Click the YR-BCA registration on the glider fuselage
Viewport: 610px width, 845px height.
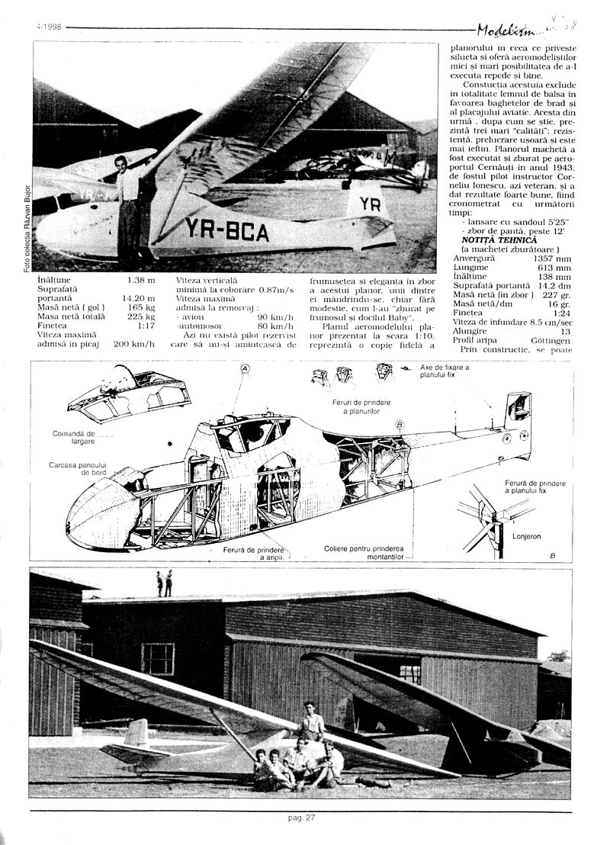[x=226, y=228]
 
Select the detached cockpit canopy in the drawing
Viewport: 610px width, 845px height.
[x=130, y=394]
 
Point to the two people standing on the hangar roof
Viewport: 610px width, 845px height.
[x=165, y=583]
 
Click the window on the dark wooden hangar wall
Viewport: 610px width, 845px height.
[x=158, y=658]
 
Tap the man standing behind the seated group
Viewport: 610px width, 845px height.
[x=312, y=721]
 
